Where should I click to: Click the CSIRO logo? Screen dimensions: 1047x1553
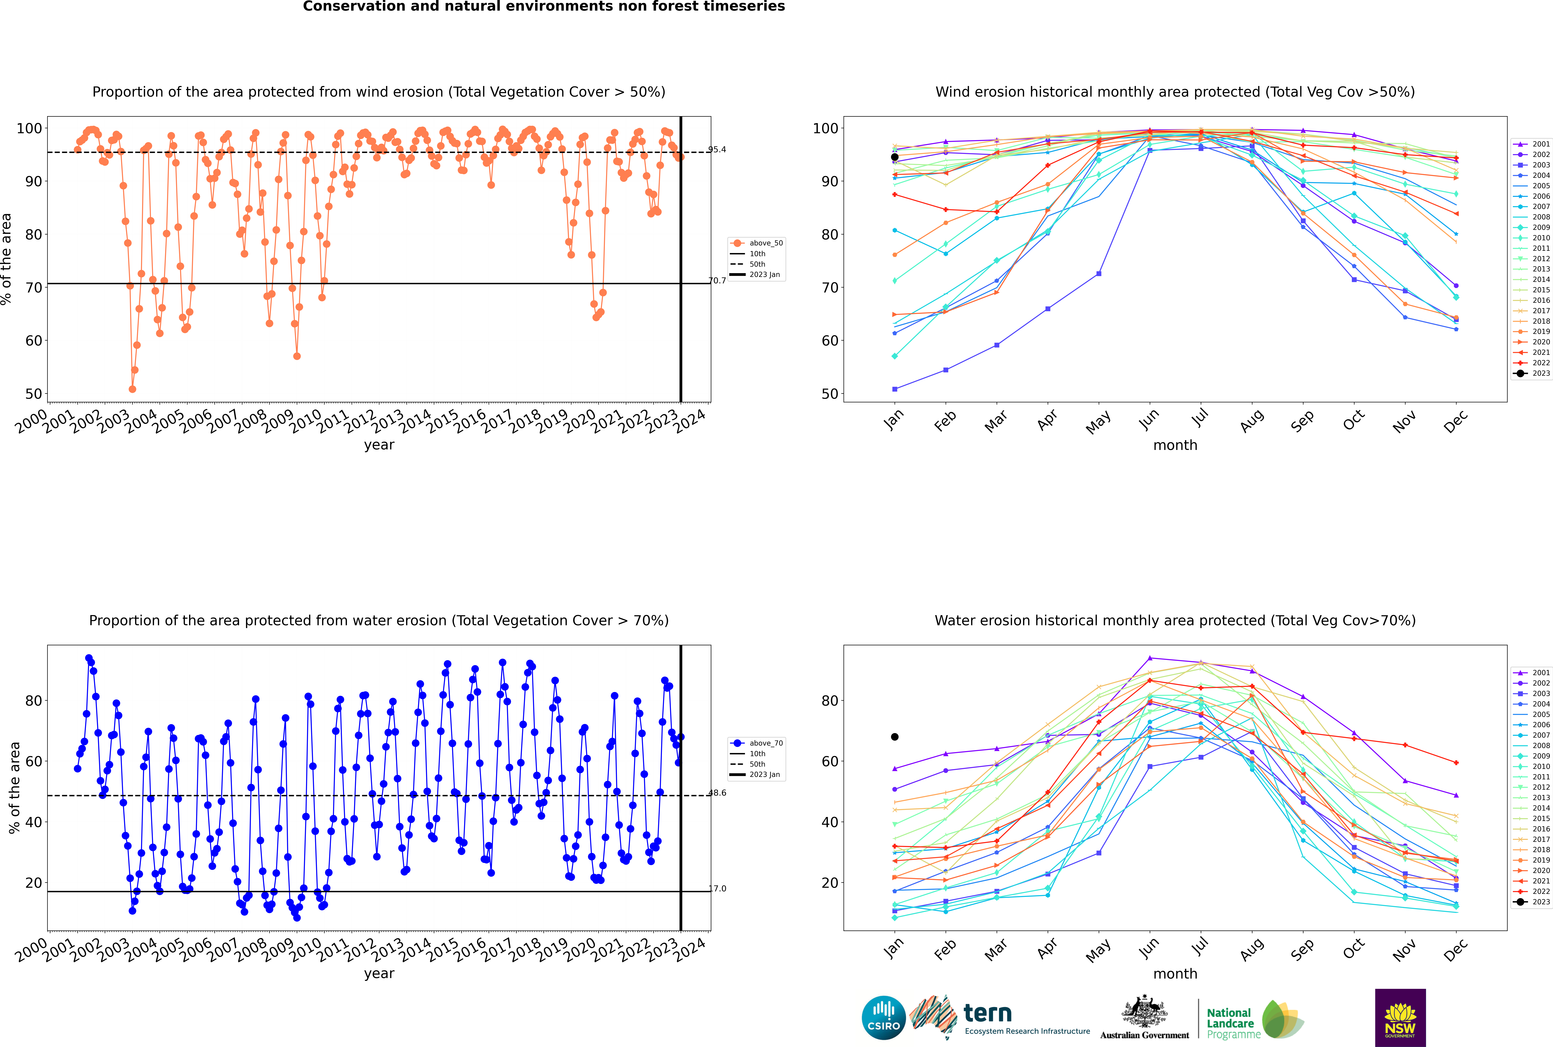[883, 1018]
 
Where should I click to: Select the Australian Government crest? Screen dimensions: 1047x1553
[1144, 1013]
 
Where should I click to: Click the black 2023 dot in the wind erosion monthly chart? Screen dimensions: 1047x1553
[895, 157]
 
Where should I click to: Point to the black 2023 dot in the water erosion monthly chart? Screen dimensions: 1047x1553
[895, 736]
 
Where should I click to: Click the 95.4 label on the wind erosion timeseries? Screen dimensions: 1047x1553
[717, 150]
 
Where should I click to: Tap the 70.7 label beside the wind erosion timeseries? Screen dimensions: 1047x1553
[717, 280]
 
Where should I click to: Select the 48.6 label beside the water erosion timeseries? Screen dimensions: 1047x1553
[717, 793]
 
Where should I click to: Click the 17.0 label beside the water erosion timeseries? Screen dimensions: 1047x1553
[717, 888]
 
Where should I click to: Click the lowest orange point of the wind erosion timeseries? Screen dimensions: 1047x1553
[132, 389]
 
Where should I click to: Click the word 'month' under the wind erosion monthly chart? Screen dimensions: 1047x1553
[1175, 445]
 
